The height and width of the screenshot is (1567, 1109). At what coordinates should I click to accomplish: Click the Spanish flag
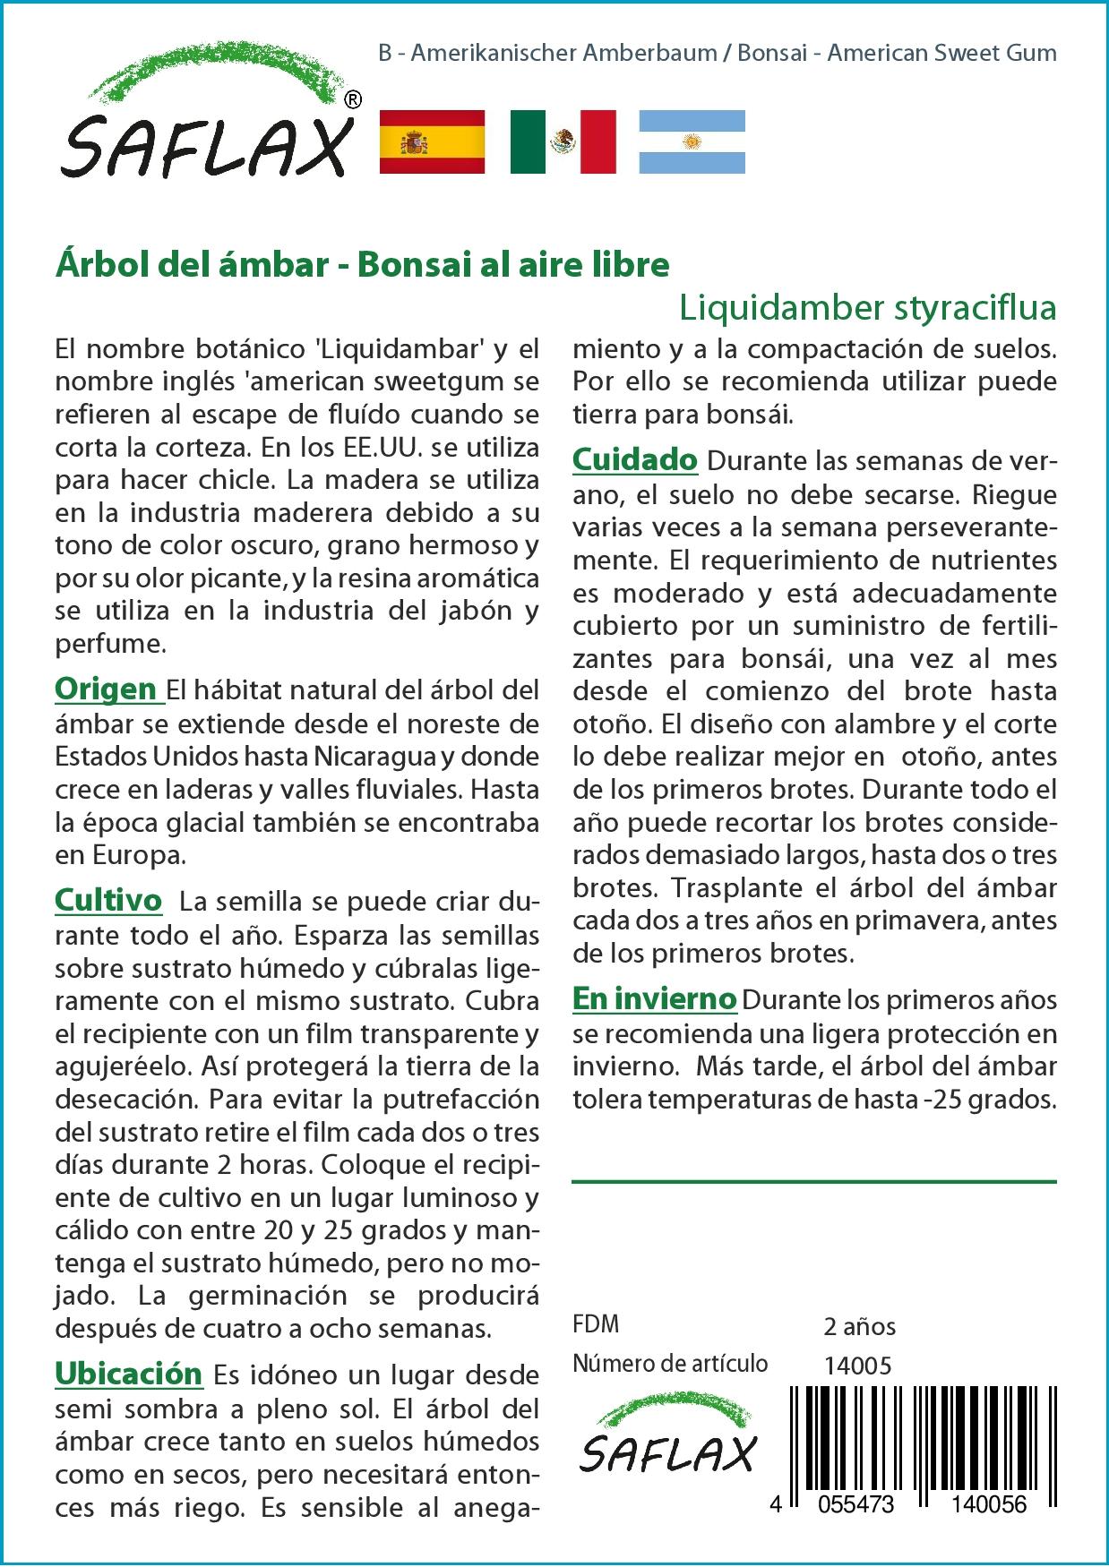[433, 141]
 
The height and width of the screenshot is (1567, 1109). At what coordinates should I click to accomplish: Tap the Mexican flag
[563, 141]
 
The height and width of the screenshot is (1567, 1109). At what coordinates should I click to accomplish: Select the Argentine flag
[692, 141]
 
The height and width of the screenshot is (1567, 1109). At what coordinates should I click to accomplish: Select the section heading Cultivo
[108, 899]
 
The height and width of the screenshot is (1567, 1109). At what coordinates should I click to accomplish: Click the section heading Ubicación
[129, 1373]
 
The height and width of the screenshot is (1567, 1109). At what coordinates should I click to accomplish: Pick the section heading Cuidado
[634, 459]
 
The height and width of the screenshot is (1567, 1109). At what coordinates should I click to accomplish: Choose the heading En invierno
[654, 998]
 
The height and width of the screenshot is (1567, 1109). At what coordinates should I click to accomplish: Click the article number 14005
[857, 1366]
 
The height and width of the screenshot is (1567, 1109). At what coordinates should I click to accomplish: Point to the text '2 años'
[859, 1326]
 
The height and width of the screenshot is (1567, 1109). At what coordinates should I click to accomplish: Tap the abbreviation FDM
[596, 1324]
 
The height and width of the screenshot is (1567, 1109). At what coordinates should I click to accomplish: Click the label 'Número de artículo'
[670, 1364]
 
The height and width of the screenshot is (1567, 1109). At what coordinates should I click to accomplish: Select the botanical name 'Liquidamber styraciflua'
[867, 307]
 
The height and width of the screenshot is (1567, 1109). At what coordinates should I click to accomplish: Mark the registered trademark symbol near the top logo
[353, 100]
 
